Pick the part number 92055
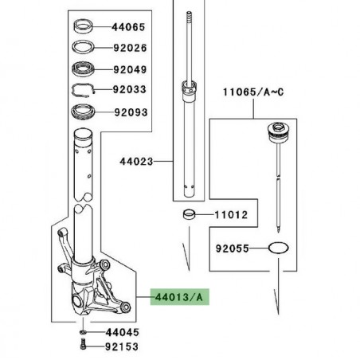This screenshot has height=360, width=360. (231, 248)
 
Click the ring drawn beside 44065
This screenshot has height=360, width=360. (84, 25)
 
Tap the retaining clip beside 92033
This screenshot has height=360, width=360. (85, 90)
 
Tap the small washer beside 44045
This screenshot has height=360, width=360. (84, 331)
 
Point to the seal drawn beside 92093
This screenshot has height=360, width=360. (85, 110)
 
